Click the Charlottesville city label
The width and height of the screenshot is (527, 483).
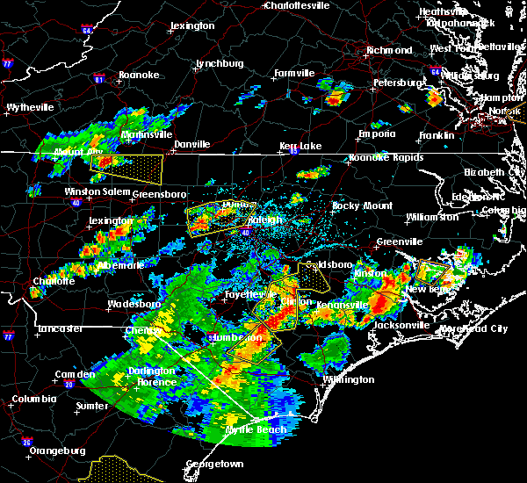pos(297,5)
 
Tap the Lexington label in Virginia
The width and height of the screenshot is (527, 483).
pos(192,26)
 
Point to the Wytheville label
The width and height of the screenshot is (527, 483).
pos(30,107)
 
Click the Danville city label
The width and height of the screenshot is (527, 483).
pos(192,144)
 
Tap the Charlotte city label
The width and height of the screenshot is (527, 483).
pos(50,282)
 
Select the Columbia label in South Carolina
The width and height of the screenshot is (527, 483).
pos(34,400)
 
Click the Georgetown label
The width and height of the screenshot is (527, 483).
pos(214,464)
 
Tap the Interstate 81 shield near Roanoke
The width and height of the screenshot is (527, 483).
pos(98,80)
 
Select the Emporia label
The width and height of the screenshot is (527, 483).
pos(376,135)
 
